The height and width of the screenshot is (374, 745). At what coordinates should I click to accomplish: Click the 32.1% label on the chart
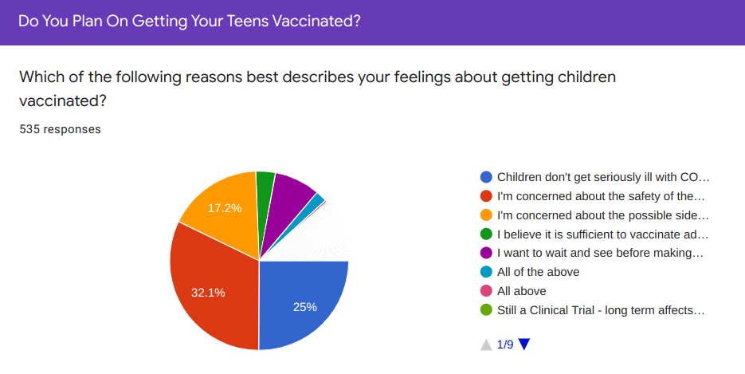click(x=208, y=293)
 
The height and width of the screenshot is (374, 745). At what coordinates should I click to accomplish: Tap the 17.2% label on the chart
click(x=225, y=208)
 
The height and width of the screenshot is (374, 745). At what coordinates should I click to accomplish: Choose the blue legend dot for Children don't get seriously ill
click(x=486, y=177)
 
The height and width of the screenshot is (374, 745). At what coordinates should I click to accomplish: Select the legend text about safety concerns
click(x=601, y=196)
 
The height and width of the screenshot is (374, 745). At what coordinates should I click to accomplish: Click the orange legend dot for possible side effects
click(x=486, y=215)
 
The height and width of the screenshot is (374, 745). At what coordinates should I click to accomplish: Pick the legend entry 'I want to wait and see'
click(x=600, y=254)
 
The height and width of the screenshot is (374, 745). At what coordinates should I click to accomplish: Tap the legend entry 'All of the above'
click(x=539, y=272)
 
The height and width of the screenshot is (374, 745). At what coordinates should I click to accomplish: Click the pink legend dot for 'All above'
click(x=486, y=291)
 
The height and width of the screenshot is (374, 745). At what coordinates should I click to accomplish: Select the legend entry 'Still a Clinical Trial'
click(x=601, y=310)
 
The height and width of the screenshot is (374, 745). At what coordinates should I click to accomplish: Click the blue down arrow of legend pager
click(x=524, y=344)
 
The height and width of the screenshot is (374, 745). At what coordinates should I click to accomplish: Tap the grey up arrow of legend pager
click(x=486, y=344)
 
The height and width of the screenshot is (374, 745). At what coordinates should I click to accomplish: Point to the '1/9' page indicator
click(x=505, y=344)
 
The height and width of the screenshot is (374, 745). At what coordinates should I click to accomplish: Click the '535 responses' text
click(x=60, y=129)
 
